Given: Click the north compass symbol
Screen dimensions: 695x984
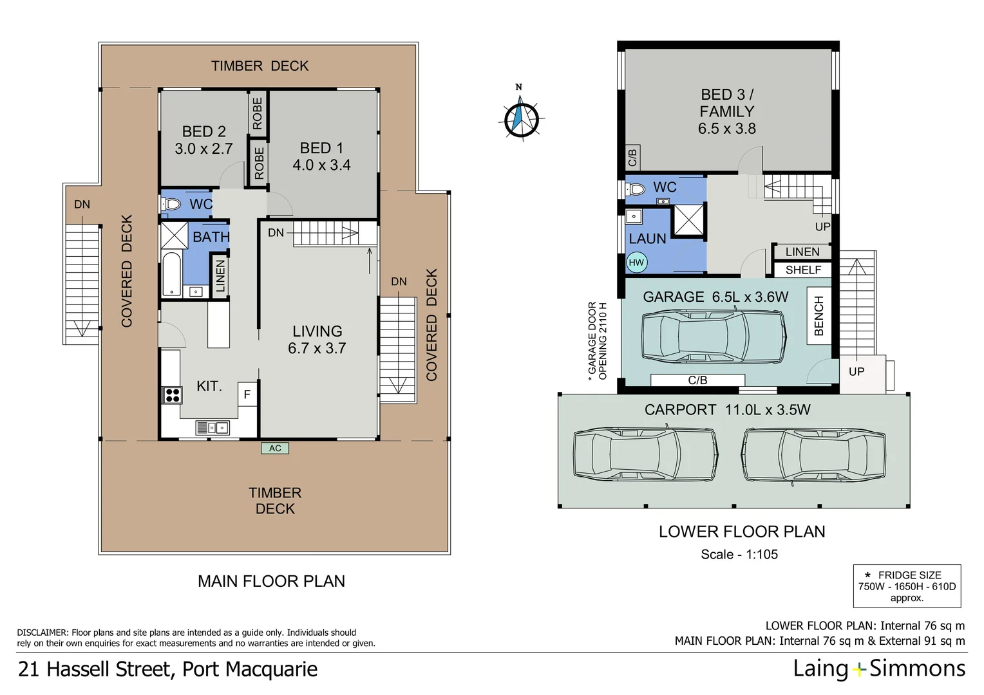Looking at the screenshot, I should point(520,118).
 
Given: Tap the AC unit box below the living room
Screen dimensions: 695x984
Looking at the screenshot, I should point(275,449).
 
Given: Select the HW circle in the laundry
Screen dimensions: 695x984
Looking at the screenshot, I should point(636,263).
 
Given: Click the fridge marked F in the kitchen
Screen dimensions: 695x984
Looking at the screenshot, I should point(247,394).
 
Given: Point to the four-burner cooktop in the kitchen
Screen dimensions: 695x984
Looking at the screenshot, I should point(172,394).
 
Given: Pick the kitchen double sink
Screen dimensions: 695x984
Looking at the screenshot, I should point(212,427).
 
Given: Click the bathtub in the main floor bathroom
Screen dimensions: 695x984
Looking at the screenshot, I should point(171,275).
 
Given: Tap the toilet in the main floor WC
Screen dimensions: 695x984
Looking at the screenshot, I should point(172,204).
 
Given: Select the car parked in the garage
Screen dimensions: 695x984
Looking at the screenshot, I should point(714,335).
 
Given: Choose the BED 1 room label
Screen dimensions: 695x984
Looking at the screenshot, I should point(321,148).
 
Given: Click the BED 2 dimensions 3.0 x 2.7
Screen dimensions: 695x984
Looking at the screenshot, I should point(203,149).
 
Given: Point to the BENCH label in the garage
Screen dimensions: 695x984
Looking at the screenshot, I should point(818,316).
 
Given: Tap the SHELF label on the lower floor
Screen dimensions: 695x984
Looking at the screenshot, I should point(803,270).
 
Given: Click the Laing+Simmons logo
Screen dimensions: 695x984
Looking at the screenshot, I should point(879,669).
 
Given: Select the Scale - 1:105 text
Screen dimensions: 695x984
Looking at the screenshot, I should point(739,554).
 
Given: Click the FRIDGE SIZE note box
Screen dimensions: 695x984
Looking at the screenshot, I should point(907,586).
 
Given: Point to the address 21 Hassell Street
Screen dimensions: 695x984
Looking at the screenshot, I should point(167,669).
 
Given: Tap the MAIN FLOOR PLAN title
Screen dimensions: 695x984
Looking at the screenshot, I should point(271,581).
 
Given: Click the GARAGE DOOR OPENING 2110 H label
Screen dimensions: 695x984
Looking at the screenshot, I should point(597,341).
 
